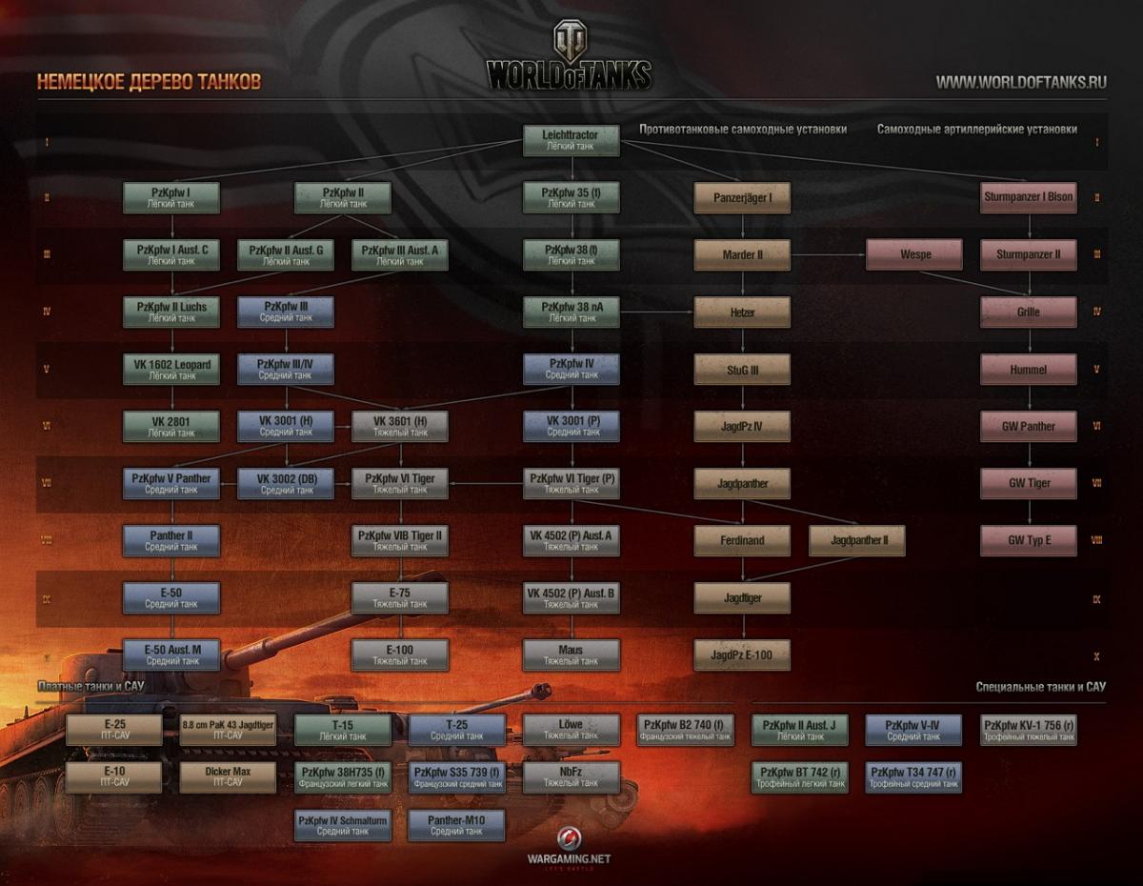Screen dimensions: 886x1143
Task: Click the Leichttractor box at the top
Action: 571,141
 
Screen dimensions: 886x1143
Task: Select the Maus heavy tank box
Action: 571,654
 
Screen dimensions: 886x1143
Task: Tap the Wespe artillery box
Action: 913,255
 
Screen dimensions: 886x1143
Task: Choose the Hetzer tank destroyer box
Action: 742,312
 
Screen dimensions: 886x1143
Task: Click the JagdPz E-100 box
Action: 742,655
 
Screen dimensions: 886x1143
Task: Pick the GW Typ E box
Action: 1028,540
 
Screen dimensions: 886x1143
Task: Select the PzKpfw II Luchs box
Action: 171,312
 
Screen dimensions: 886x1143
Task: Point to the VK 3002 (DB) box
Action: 286,483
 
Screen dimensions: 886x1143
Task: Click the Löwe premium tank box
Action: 571,730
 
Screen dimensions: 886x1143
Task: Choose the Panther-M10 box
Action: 456,825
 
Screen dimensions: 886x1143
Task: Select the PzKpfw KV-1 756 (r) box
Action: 1028,730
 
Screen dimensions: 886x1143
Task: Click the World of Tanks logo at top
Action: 570,59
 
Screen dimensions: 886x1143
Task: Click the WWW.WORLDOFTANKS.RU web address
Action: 1021,82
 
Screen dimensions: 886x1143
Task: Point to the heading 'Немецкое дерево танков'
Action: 149,82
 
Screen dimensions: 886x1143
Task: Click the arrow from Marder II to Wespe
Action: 828,255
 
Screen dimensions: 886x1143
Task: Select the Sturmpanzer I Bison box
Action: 1028,198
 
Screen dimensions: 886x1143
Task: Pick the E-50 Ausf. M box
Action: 171,654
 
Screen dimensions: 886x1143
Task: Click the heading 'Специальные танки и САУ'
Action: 1041,687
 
